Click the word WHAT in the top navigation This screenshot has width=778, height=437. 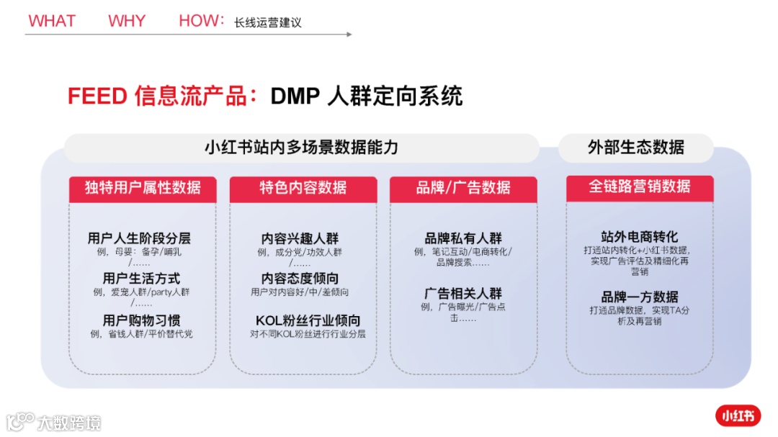pyautogui.click(x=52, y=21)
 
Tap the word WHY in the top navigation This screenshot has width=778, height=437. pyautogui.click(x=127, y=21)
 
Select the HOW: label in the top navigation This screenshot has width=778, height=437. pyautogui.click(x=202, y=21)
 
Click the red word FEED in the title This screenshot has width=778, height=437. pyautogui.click(x=98, y=96)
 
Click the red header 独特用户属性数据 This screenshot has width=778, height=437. pyautogui.click(x=143, y=188)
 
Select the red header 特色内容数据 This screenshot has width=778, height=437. pyautogui.click(x=303, y=188)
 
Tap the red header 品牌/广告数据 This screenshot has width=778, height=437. pyautogui.click(x=463, y=188)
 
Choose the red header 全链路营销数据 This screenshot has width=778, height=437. pyautogui.click(x=640, y=186)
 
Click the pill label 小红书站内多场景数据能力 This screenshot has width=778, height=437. pyautogui.click(x=301, y=148)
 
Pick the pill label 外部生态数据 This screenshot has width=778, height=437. pyautogui.click(x=636, y=148)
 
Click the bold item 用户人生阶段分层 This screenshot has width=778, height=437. pyautogui.click(x=139, y=238)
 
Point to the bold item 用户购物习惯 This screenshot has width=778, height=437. pyautogui.click(x=141, y=320)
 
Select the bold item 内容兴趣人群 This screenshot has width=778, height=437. pyautogui.click(x=300, y=238)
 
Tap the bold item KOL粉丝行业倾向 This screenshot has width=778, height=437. pyautogui.click(x=308, y=320)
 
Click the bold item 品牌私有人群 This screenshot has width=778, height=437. pyautogui.click(x=463, y=238)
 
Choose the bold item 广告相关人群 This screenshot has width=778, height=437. pyautogui.click(x=463, y=294)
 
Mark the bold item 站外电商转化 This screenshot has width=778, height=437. pyautogui.click(x=640, y=237)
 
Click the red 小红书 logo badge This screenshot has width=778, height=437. pyautogui.click(x=738, y=415)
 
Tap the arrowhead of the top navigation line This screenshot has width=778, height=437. pyautogui.click(x=349, y=34)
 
